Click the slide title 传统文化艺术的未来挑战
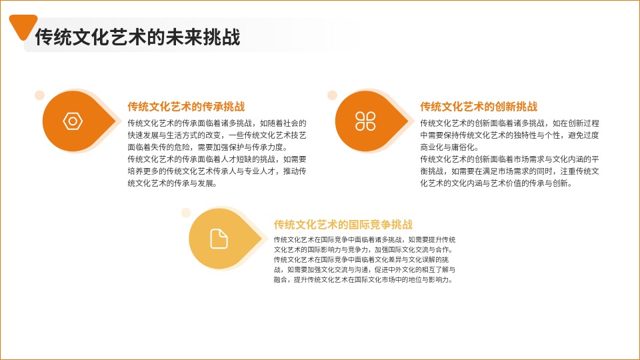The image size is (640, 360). [x=137, y=37]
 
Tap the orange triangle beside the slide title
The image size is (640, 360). [x=23, y=26]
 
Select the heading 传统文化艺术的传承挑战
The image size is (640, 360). [x=186, y=107]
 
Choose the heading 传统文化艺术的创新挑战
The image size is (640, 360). [x=479, y=107]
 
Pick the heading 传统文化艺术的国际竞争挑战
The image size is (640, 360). [x=343, y=224]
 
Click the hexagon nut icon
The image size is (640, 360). [x=73, y=121]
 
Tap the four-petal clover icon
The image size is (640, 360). [x=365, y=121]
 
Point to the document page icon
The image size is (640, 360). [x=219, y=239]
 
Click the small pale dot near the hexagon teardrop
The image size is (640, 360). [x=39, y=95]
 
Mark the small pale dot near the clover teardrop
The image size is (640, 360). [x=332, y=95]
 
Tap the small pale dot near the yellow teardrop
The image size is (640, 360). [x=186, y=213]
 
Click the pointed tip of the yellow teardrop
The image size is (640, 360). [x=261, y=239]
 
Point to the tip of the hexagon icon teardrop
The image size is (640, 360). [x=115, y=121]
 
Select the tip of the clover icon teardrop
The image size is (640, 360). [x=408, y=121]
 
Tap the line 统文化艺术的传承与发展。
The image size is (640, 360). [x=172, y=183]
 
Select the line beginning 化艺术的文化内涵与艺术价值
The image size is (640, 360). [x=496, y=183]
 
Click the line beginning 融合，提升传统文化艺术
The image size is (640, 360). [x=363, y=279]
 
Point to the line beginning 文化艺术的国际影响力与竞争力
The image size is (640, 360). [x=363, y=249]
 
